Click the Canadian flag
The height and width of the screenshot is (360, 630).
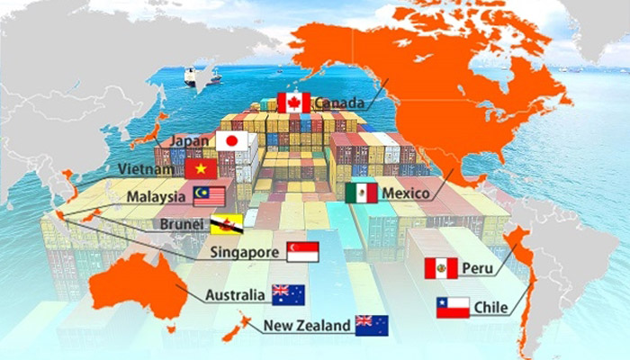(x=293, y=102)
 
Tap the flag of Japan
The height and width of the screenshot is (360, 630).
(x=231, y=141)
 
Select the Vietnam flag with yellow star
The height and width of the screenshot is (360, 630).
(x=200, y=168)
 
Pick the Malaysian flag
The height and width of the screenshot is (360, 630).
(x=209, y=195)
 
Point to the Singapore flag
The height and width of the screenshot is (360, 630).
(x=302, y=253)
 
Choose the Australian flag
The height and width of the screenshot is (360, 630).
(x=288, y=294)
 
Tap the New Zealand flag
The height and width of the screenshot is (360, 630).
(x=372, y=325)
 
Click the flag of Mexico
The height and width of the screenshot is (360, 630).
(x=361, y=193)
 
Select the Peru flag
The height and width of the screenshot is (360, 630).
(x=441, y=268)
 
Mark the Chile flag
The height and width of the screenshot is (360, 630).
(x=453, y=308)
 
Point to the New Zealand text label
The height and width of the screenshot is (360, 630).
(x=306, y=326)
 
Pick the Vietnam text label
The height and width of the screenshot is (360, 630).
(x=144, y=169)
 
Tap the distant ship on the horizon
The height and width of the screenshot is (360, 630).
(x=191, y=77)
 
